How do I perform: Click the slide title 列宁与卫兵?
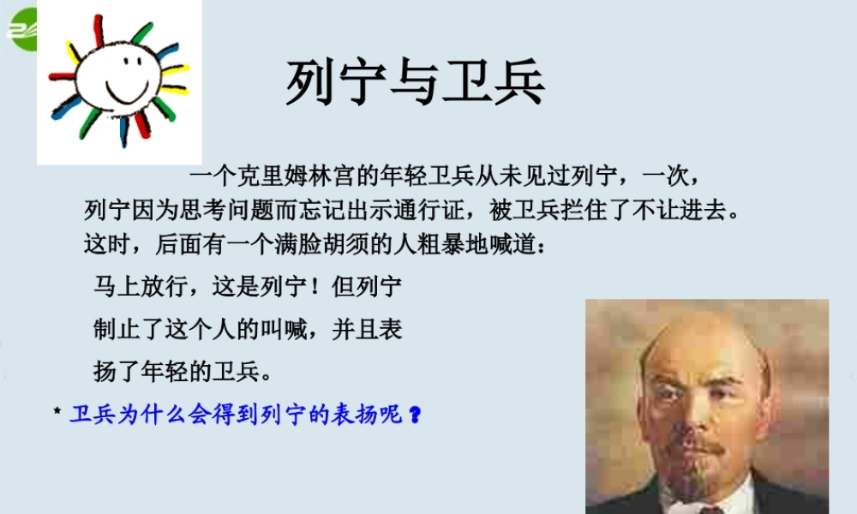click(415, 83)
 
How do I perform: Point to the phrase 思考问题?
click(235, 210)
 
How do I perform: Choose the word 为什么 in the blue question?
click(149, 414)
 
